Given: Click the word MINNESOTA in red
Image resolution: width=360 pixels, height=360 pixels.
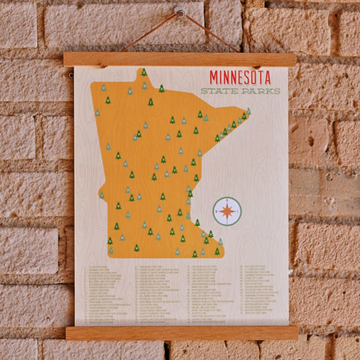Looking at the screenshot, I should click(240, 77).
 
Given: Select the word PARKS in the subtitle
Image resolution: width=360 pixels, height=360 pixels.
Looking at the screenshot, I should click(261, 91).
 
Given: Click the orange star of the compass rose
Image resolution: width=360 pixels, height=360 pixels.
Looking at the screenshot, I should click(227, 211).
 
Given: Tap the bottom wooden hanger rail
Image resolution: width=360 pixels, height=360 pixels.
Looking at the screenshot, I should click(181, 333).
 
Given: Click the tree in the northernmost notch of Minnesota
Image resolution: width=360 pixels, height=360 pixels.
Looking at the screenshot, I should click(144, 72).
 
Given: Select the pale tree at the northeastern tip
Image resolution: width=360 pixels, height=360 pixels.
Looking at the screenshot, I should click(248, 111).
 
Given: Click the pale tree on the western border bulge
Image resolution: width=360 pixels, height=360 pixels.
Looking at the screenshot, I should click(102, 195).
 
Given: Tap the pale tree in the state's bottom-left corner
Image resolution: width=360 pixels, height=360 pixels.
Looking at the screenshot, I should click(111, 250).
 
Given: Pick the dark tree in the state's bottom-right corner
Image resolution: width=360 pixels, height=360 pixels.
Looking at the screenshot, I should click(217, 251).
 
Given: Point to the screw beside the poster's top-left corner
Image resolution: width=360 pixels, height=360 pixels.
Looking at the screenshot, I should click(71, 75).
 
